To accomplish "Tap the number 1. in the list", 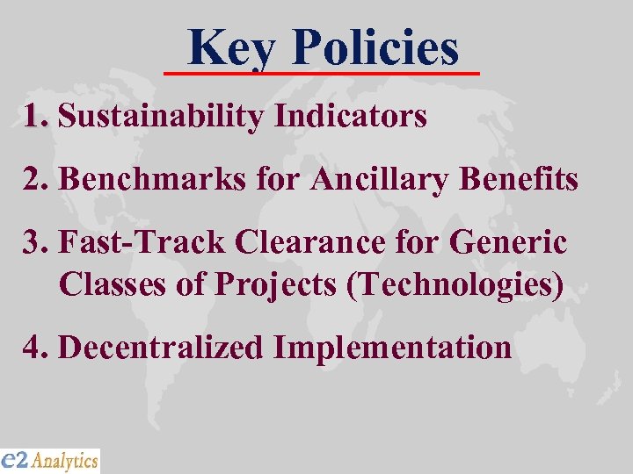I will [37, 116].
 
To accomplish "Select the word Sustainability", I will [163, 117].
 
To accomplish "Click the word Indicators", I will [351, 116].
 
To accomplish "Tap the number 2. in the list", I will [37, 180].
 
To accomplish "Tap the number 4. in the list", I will [37, 348].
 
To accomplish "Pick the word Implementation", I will [392, 348].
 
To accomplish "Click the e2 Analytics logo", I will [50, 460].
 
